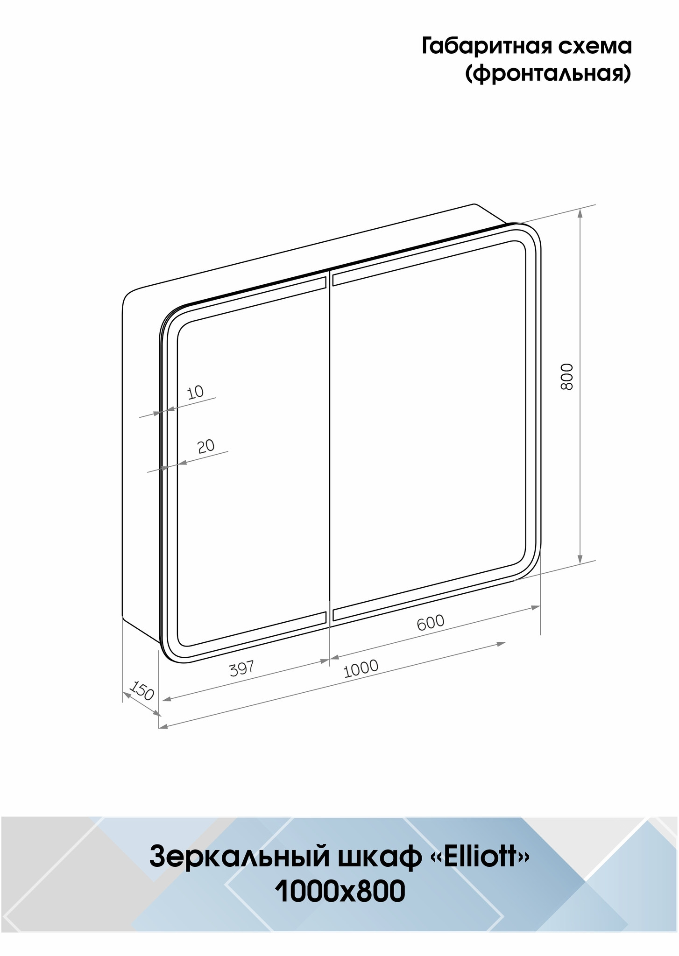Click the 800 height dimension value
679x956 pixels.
click(566, 376)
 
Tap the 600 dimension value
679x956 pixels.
click(431, 622)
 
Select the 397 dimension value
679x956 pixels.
click(242, 668)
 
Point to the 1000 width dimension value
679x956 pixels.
click(361, 668)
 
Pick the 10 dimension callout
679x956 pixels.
click(196, 392)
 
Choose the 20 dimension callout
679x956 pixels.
click(206, 446)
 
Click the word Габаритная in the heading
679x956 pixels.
click(484, 47)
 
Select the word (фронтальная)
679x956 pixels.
click(548, 74)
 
